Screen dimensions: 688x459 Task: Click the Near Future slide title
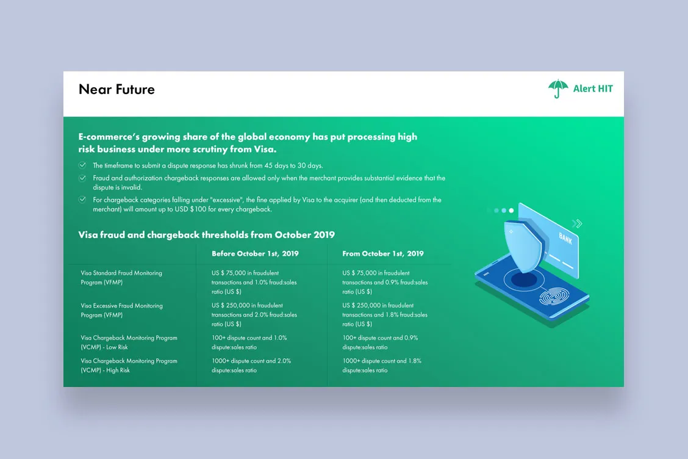pyautogui.click(x=116, y=89)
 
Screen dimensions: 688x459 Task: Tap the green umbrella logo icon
pyautogui.click(x=557, y=89)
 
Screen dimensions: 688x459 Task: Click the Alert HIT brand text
pyautogui.click(x=593, y=89)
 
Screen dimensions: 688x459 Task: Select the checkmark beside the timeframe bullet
pyautogui.click(x=82, y=165)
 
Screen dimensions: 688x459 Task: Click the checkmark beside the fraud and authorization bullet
pyautogui.click(x=82, y=178)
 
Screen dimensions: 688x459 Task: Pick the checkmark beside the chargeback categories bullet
pyautogui.click(x=82, y=200)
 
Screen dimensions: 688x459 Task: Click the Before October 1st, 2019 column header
pyautogui.click(x=255, y=253)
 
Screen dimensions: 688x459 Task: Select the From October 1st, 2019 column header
pyautogui.click(x=382, y=253)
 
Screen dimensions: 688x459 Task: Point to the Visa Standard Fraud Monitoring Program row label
pyautogui.click(x=121, y=278)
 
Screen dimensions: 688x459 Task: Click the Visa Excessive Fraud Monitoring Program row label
pyautogui.click(x=121, y=310)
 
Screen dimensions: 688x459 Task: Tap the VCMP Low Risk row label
pyautogui.click(x=129, y=342)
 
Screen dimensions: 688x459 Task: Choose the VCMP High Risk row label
pyautogui.click(x=129, y=366)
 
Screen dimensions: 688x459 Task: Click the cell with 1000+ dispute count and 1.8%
pyautogui.click(x=382, y=366)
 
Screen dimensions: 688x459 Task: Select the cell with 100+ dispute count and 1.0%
pyautogui.click(x=249, y=342)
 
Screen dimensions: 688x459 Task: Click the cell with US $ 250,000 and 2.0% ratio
pyautogui.click(x=254, y=314)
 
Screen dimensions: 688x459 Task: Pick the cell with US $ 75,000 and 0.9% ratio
pyautogui.click(x=385, y=282)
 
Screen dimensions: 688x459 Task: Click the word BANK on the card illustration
pyautogui.click(x=565, y=238)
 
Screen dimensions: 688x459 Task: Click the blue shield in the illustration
pyautogui.click(x=525, y=246)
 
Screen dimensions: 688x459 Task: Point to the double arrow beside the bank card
pyautogui.click(x=577, y=223)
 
